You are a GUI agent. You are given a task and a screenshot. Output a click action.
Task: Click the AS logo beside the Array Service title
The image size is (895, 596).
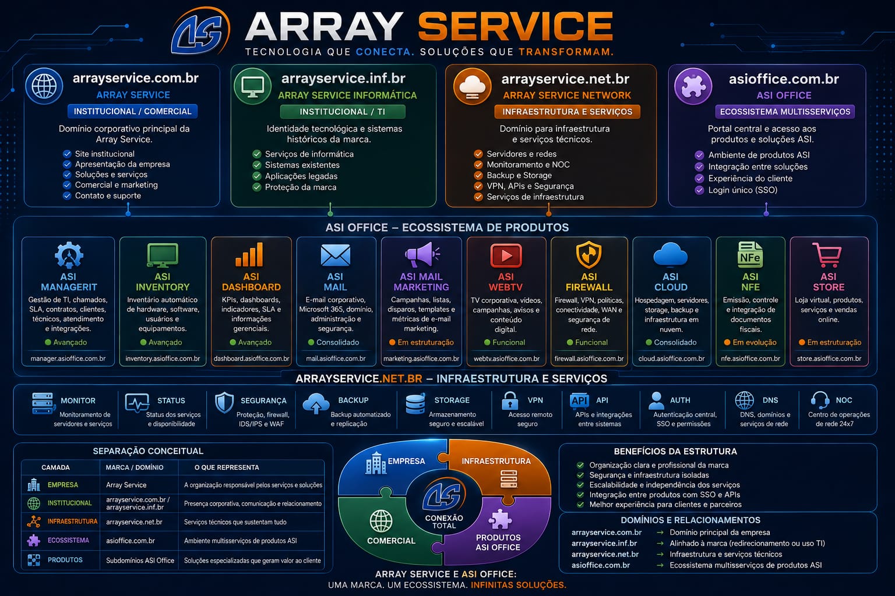pyautogui.click(x=200, y=31)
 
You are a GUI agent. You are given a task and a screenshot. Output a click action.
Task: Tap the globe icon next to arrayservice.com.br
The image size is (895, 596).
pyautogui.click(x=44, y=86)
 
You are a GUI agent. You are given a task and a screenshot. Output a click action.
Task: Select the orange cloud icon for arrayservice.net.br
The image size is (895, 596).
pyautogui.click(x=472, y=86)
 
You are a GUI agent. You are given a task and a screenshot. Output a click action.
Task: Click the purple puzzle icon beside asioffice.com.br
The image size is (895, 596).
pyautogui.click(x=693, y=86)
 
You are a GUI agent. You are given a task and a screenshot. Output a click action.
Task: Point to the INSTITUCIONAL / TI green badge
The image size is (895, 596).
pyautogui.click(x=343, y=112)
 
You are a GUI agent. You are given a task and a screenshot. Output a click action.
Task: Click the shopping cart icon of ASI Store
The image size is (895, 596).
pyautogui.click(x=827, y=255)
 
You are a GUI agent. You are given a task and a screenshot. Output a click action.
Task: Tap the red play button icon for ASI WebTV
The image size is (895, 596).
pyautogui.click(x=506, y=256)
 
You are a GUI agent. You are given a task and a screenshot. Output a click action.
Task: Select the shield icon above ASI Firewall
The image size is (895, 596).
pyautogui.click(x=589, y=254)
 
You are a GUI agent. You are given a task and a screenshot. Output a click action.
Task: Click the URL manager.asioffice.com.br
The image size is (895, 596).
pyautogui.click(x=68, y=359)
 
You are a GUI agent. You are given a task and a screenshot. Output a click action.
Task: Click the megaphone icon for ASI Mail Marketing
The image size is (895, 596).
pyautogui.click(x=422, y=254)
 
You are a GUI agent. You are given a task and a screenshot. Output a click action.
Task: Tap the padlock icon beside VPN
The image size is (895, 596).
pyautogui.click(x=510, y=400)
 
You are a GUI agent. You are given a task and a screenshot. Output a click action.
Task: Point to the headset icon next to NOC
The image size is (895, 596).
pyautogui.click(x=820, y=400)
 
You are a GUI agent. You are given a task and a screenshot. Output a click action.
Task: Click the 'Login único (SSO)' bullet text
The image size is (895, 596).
pyautogui.click(x=743, y=190)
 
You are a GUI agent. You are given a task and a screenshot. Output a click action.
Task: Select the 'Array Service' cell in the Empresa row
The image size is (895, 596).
pyautogui.click(x=126, y=485)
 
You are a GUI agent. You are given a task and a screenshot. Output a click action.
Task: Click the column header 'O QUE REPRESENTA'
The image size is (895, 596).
pyautogui.click(x=227, y=467)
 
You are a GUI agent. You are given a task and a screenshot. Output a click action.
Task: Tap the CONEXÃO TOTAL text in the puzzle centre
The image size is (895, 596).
pyautogui.click(x=444, y=521)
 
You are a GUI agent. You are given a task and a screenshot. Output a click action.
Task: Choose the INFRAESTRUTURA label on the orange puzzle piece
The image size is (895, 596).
pyautogui.click(x=496, y=461)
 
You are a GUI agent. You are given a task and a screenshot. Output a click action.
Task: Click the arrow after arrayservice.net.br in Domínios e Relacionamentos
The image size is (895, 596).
pyautogui.click(x=660, y=555)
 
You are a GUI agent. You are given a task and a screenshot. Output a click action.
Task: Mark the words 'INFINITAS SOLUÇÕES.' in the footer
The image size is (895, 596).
pyautogui.click(x=518, y=585)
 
